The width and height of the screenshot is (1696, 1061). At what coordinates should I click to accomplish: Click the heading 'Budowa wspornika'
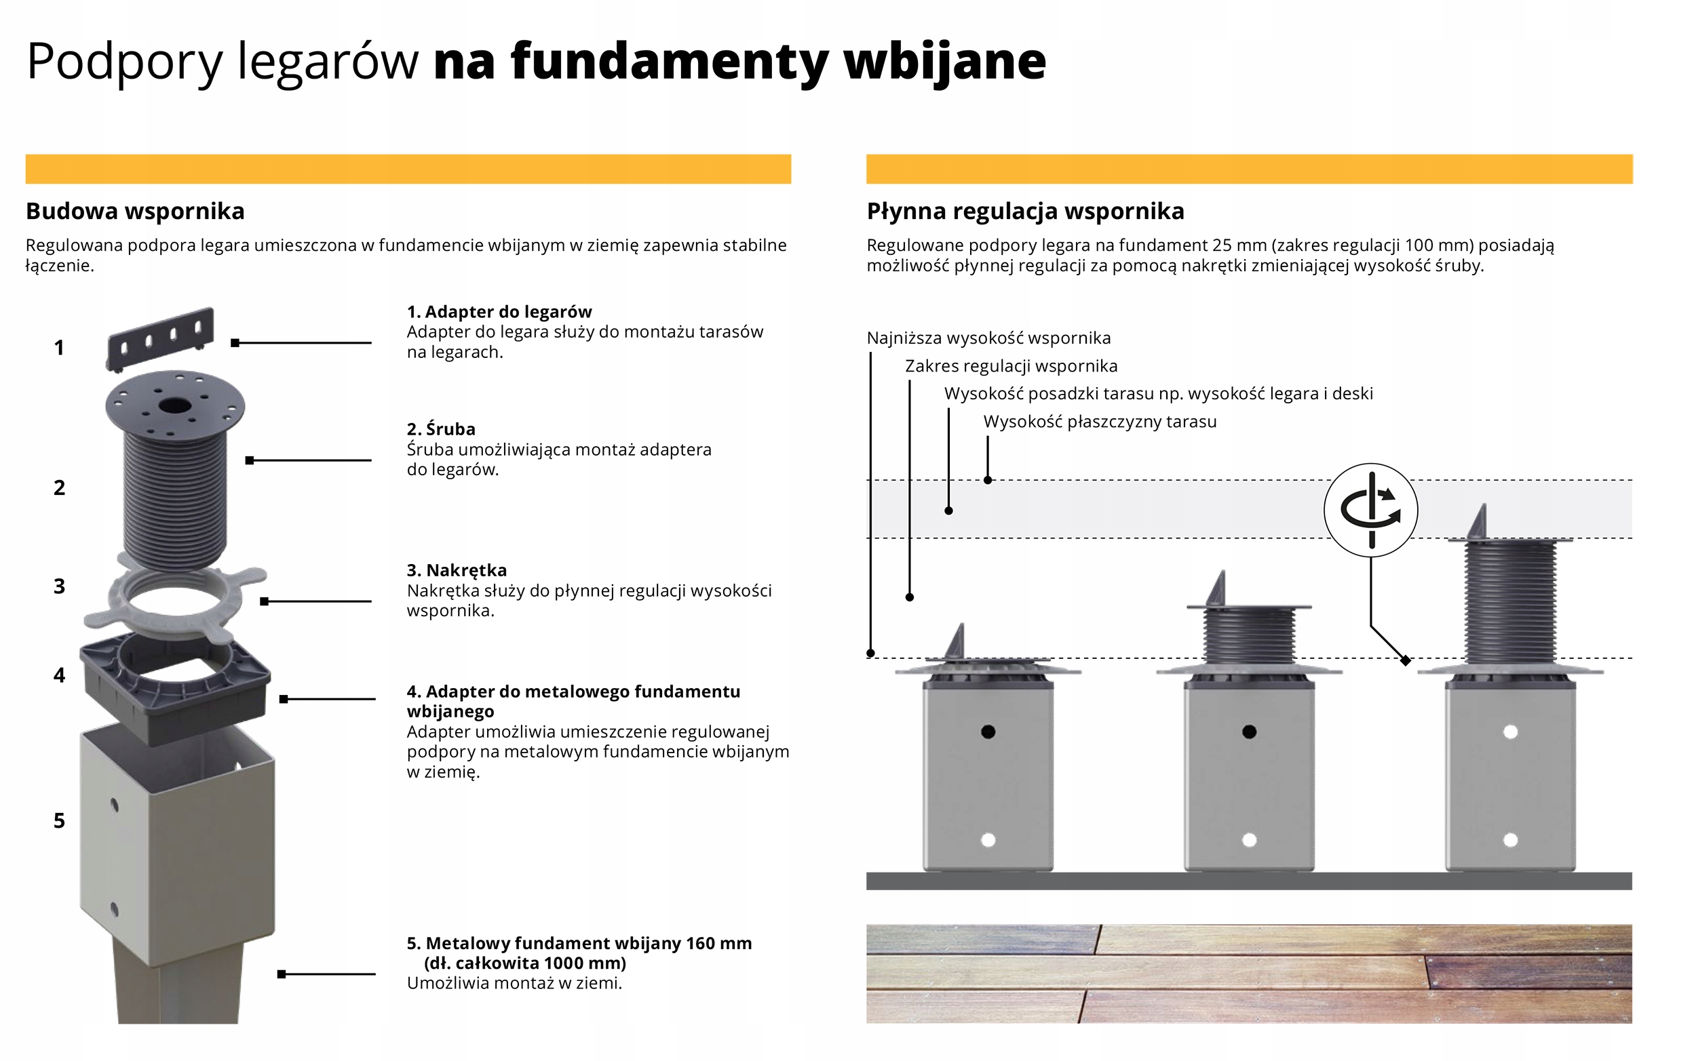(135, 212)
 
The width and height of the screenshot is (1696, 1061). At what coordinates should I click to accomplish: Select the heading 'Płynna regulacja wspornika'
(1025, 212)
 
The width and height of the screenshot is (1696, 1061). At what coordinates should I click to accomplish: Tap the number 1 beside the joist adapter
(59, 347)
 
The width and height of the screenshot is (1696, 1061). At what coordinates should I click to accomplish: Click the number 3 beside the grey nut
(59, 586)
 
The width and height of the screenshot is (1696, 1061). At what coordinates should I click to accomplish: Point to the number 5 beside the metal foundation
(59, 820)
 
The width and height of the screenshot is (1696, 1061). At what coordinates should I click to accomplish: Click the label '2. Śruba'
(441, 428)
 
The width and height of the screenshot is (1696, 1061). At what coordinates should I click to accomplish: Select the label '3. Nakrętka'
(457, 569)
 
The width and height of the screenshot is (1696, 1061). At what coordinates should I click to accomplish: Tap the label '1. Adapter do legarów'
(499, 312)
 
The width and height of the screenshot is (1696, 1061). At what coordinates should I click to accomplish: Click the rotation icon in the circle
(1371, 510)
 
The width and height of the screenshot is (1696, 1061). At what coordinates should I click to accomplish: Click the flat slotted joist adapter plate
(160, 338)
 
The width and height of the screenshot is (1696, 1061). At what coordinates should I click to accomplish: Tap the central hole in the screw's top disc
(174, 405)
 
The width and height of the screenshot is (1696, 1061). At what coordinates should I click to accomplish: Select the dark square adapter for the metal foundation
(175, 687)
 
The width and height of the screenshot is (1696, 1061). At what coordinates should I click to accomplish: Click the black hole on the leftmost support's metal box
(988, 732)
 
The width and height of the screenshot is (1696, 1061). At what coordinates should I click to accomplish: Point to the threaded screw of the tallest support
(1510, 602)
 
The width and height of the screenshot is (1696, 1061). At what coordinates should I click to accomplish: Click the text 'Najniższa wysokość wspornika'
(988, 338)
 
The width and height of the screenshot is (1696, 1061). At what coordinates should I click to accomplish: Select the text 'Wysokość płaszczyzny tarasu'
(1100, 422)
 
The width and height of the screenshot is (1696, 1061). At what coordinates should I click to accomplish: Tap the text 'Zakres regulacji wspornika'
(1011, 366)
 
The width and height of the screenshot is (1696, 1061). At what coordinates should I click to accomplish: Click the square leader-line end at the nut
(264, 601)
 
